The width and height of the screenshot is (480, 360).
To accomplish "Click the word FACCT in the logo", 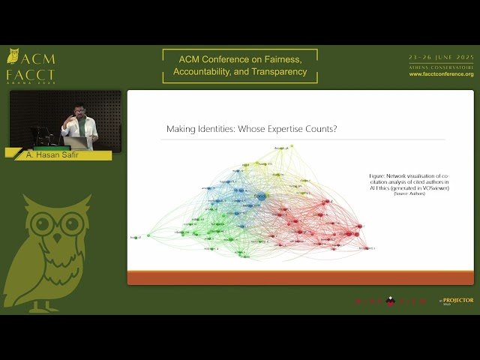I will pyautogui.click(x=30, y=75).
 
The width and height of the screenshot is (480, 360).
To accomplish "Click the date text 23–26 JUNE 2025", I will pyautogui.click(x=441, y=58).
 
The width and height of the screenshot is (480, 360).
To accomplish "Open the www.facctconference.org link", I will pyautogui.click(x=441, y=74).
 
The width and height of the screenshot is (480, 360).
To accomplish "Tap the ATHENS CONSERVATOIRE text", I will pyautogui.click(x=441, y=67).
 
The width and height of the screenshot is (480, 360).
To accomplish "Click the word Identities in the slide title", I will pyautogui.click(x=216, y=129).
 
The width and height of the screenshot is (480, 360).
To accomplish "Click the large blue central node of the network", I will pyautogui.click(x=260, y=196).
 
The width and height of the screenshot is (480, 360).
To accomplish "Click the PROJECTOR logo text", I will pyautogui.click(x=458, y=300).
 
